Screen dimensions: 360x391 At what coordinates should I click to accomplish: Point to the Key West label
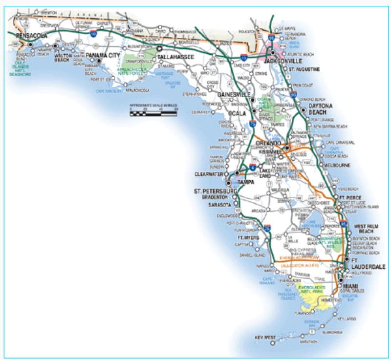tap(265, 338)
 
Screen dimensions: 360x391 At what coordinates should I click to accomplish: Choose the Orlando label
tap(268, 143)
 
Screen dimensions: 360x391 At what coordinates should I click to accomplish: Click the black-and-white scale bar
tap(153, 113)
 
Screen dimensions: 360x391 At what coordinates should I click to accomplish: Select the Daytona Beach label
tap(320, 109)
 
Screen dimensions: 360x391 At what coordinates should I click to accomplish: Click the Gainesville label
tap(234, 94)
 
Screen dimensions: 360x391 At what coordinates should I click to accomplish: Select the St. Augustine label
tap(304, 70)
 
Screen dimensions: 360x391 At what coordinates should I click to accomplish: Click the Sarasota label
tap(219, 205)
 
